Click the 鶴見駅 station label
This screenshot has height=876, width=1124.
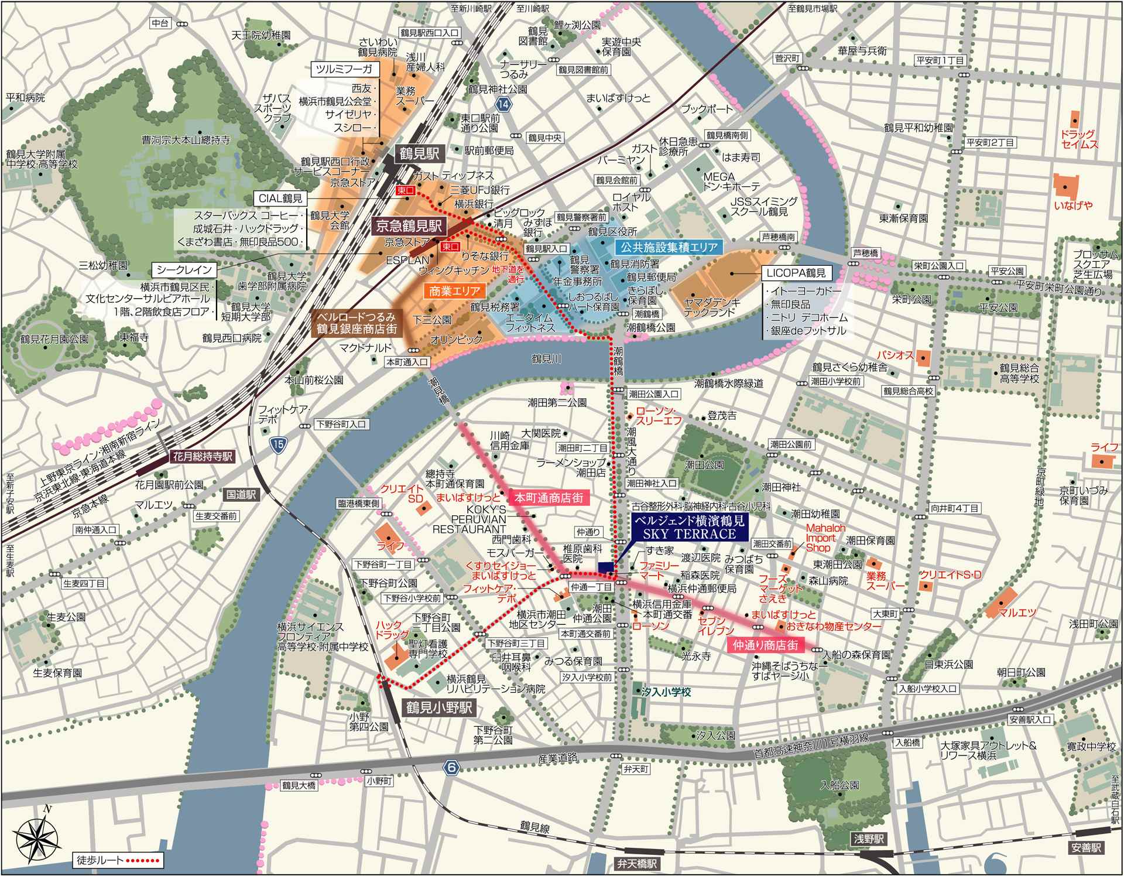[x=419, y=153]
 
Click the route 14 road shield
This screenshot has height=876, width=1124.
[x=503, y=104]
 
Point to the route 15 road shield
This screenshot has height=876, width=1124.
[x=279, y=445]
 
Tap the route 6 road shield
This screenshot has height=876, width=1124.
[x=450, y=768]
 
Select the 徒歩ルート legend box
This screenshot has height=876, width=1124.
[x=118, y=860]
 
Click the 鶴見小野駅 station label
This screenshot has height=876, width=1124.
[x=438, y=707]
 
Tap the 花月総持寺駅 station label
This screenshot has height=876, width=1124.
[x=203, y=456]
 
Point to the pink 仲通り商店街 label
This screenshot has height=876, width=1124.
[x=765, y=645]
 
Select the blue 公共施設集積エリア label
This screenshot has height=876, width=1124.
[x=669, y=247]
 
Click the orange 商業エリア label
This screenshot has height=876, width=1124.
[x=454, y=290]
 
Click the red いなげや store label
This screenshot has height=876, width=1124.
[x=1072, y=205]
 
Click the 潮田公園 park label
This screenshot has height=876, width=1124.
[x=704, y=465]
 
